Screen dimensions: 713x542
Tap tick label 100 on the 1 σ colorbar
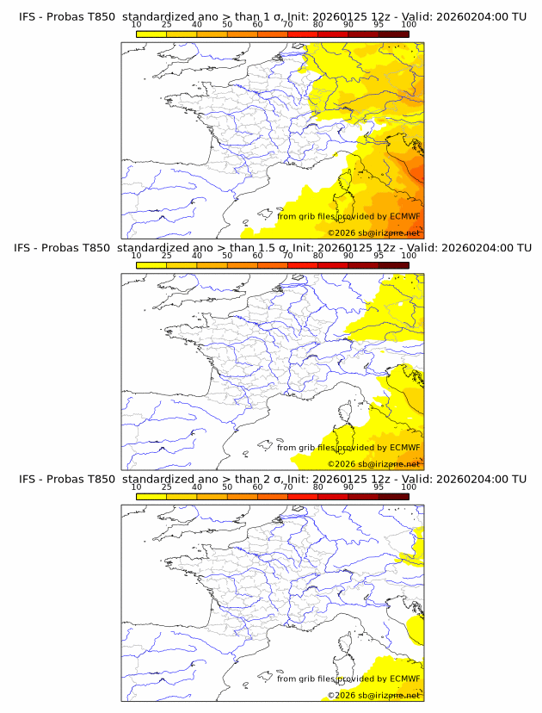[x=409, y=24]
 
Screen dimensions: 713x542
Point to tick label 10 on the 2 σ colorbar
[x=137, y=487]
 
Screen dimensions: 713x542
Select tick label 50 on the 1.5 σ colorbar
[x=227, y=256]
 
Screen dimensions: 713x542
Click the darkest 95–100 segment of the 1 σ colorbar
[x=394, y=34]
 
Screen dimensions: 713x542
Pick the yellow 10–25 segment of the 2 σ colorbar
[x=151, y=497]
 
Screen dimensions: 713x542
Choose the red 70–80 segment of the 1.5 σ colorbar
[x=303, y=265]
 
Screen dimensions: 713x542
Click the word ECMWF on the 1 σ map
[x=404, y=216]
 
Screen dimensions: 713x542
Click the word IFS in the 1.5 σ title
[x=27, y=248]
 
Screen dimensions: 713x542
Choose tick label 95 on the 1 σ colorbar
[x=379, y=24]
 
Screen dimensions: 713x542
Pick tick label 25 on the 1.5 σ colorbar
[x=167, y=256]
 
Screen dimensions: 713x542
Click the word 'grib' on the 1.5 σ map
[x=312, y=448]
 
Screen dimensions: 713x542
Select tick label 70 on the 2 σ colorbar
[x=287, y=487]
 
